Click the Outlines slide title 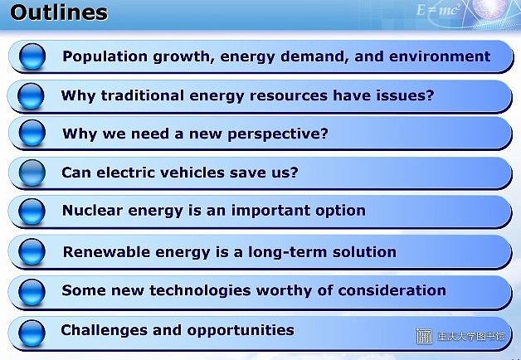click(59, 12)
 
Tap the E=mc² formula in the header click(438, 10)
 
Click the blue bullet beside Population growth click(32, 56)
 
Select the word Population click(105, 56)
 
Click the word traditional click(142, 95)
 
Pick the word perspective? click(278, 134)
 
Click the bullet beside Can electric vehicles click(32, 173)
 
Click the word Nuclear click(92, 211)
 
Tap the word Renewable click(107, 251)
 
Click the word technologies click(200, 290)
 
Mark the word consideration click(392, 290)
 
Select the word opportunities click(241, 330)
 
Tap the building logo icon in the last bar click(424, 336)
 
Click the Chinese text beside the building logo click(471, 337)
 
